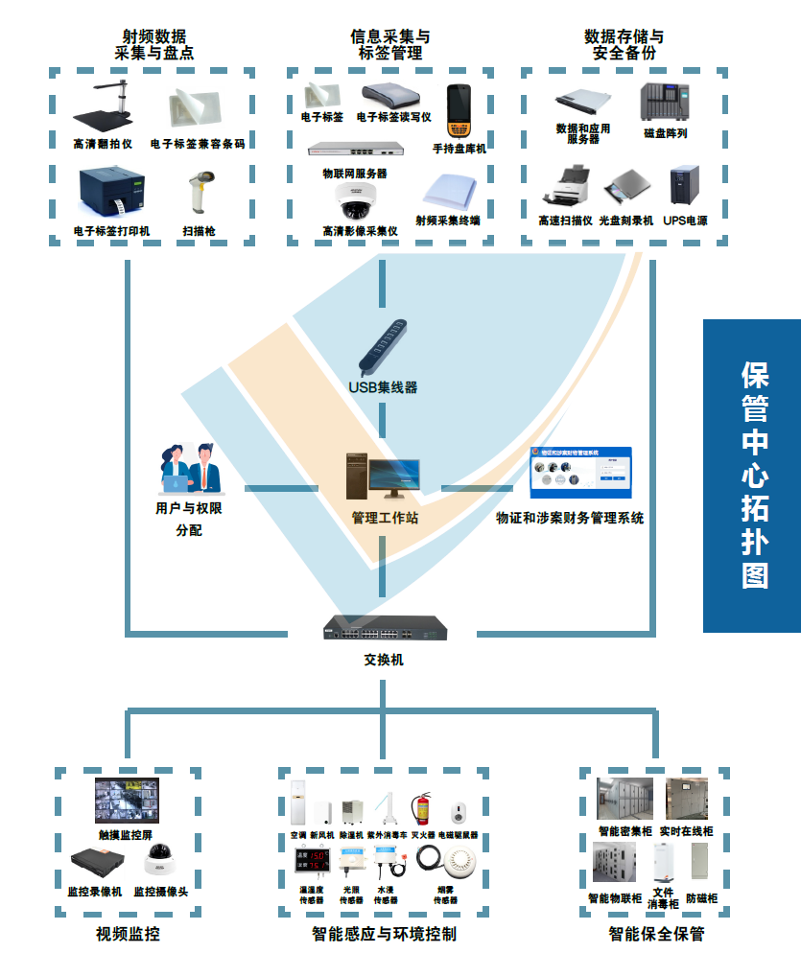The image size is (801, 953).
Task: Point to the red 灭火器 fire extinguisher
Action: click(421, 809)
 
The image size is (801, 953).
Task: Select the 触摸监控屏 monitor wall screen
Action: click(127, 802)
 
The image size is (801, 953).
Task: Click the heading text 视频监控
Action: click(128, 933)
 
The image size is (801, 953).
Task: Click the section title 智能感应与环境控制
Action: click(384, 933)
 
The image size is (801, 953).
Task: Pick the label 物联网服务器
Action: click(355, 174)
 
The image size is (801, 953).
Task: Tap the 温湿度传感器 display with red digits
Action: click(313, 865)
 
